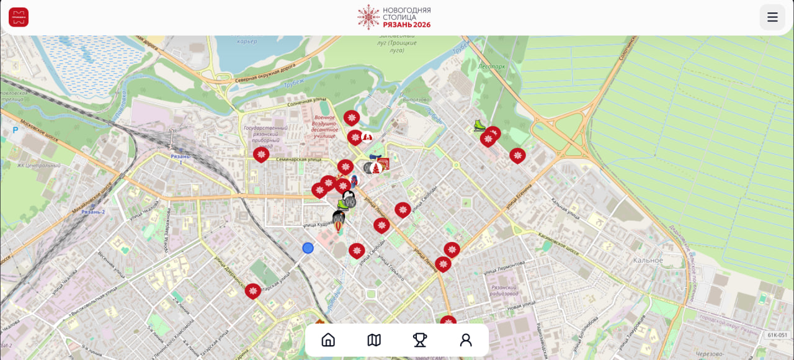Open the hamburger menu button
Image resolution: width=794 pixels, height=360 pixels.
(772, 17)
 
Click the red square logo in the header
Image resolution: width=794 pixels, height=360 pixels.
(19, 17)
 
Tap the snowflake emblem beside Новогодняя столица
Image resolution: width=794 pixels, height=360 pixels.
(368, 17)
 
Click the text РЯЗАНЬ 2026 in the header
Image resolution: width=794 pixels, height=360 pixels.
(406, 25)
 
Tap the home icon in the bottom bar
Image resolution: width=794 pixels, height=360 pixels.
(328, 340)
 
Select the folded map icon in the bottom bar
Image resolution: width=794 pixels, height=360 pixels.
(374, 340)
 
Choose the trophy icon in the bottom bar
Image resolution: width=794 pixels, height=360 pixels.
(420, 340)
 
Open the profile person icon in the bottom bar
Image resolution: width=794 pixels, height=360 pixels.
(466, 340)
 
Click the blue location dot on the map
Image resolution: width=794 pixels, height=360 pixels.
(308, 248)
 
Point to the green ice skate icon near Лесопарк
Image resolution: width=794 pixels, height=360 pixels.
(480, 125)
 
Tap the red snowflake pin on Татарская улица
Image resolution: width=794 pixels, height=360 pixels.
(252, 290)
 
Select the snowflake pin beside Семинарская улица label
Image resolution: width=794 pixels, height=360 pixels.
(261, 154)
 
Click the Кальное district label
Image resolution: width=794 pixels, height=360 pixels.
(648, 260)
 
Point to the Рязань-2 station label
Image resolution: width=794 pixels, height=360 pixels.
(94, 212)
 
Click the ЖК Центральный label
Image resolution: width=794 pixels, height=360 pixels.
(38, 166)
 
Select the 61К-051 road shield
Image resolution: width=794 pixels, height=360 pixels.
(777, 335)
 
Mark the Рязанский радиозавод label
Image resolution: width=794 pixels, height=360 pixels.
(504, 290)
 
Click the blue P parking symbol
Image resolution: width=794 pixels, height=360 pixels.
(16, 130)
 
